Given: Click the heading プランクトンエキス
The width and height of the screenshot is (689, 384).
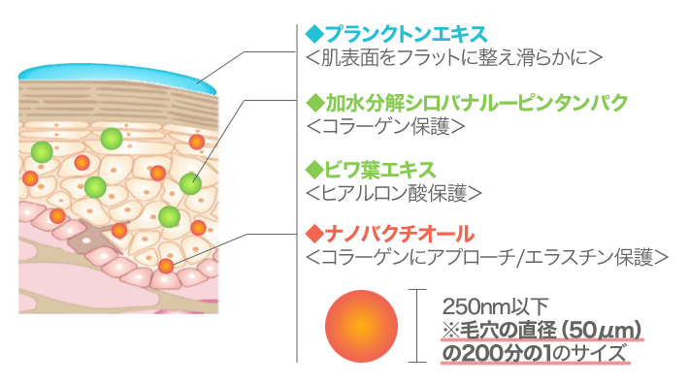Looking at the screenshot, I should tap(405, 35).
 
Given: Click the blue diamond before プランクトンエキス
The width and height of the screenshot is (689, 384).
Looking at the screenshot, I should tap(312, 35).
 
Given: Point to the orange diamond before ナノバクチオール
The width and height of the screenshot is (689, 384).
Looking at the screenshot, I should tap(312, 234).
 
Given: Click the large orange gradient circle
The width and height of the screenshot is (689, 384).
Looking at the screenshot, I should tap(361, 327).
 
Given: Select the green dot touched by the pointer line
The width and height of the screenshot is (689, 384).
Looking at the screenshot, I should tap(190, 183).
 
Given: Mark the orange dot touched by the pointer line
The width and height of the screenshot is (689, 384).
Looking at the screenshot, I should tap(167, 265).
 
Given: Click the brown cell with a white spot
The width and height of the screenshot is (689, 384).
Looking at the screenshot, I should tap(85, 236).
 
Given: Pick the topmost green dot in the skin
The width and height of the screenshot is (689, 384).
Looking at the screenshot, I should tap(112, 139).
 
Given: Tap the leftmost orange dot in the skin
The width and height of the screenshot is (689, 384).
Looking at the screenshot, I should tap(30, 178).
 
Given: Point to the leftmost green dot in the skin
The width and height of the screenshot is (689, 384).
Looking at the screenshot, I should tap(41, 151).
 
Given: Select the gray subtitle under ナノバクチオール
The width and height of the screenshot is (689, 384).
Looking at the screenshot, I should tap(485, 258).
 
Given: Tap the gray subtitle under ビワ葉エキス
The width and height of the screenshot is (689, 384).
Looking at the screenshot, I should tap(393, 193).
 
